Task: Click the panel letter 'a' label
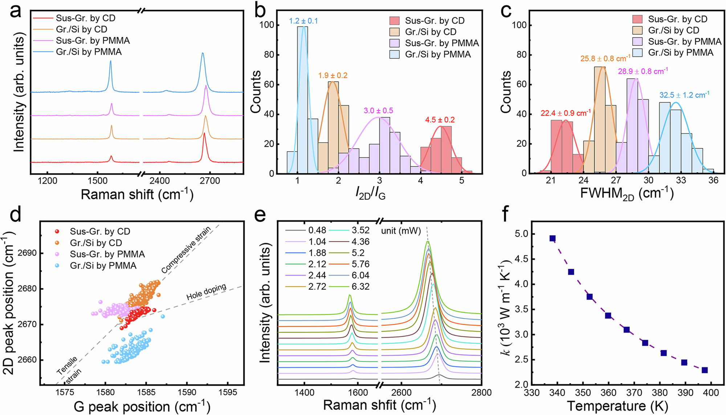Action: (15, 12)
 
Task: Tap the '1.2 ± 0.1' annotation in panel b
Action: (303, 21)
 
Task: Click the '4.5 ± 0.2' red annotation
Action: (440, 120)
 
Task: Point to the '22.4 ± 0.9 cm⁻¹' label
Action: (565, 113)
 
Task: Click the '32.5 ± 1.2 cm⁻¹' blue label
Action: (684, 95)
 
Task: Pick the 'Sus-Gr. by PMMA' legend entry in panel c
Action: (685, 41)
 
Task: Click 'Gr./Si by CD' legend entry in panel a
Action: (81, 29)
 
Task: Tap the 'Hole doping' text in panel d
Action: (206, 292)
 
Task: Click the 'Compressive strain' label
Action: (186, 250)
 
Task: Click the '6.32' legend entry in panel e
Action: (360, 287)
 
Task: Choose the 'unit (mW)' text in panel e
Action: (401, 231)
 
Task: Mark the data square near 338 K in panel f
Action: (552, 238)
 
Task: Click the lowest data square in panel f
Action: (705, 370)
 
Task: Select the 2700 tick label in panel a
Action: (210, 181)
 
